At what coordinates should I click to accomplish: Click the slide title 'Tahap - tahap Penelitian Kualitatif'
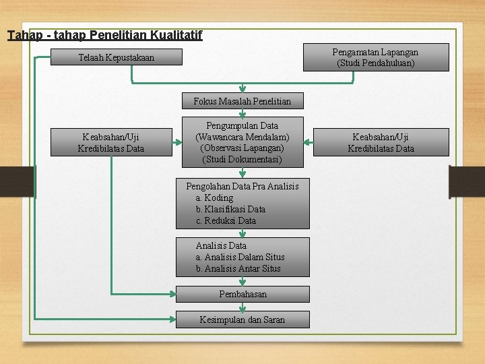click(104, 34)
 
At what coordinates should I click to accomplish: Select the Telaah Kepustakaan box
click(116, 58)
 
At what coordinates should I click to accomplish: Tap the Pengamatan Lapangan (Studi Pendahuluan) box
click(376, 57)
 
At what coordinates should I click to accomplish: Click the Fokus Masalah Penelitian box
click(243, 101)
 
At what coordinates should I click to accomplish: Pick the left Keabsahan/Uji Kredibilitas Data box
click(110, 142)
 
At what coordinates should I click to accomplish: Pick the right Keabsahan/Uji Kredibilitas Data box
click(381, 142)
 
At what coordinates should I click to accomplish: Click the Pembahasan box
click(243, 294)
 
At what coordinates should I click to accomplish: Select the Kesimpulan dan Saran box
click(243, 320)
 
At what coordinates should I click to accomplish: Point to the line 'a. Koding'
click(214, 198)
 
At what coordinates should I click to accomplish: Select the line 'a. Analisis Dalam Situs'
click(240, 257)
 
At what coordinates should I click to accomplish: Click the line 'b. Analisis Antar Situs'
click(238, 268)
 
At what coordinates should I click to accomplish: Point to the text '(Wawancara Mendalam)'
click(243, 137)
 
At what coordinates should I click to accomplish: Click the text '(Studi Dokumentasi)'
click(243, 160)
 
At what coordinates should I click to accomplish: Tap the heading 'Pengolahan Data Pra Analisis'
click(243, 186)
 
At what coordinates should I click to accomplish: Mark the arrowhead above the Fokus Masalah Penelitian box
click(243, 88)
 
